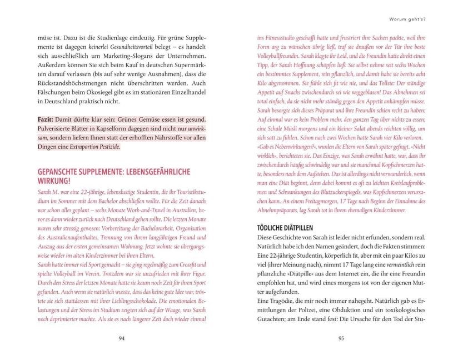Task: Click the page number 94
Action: (122, 338)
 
